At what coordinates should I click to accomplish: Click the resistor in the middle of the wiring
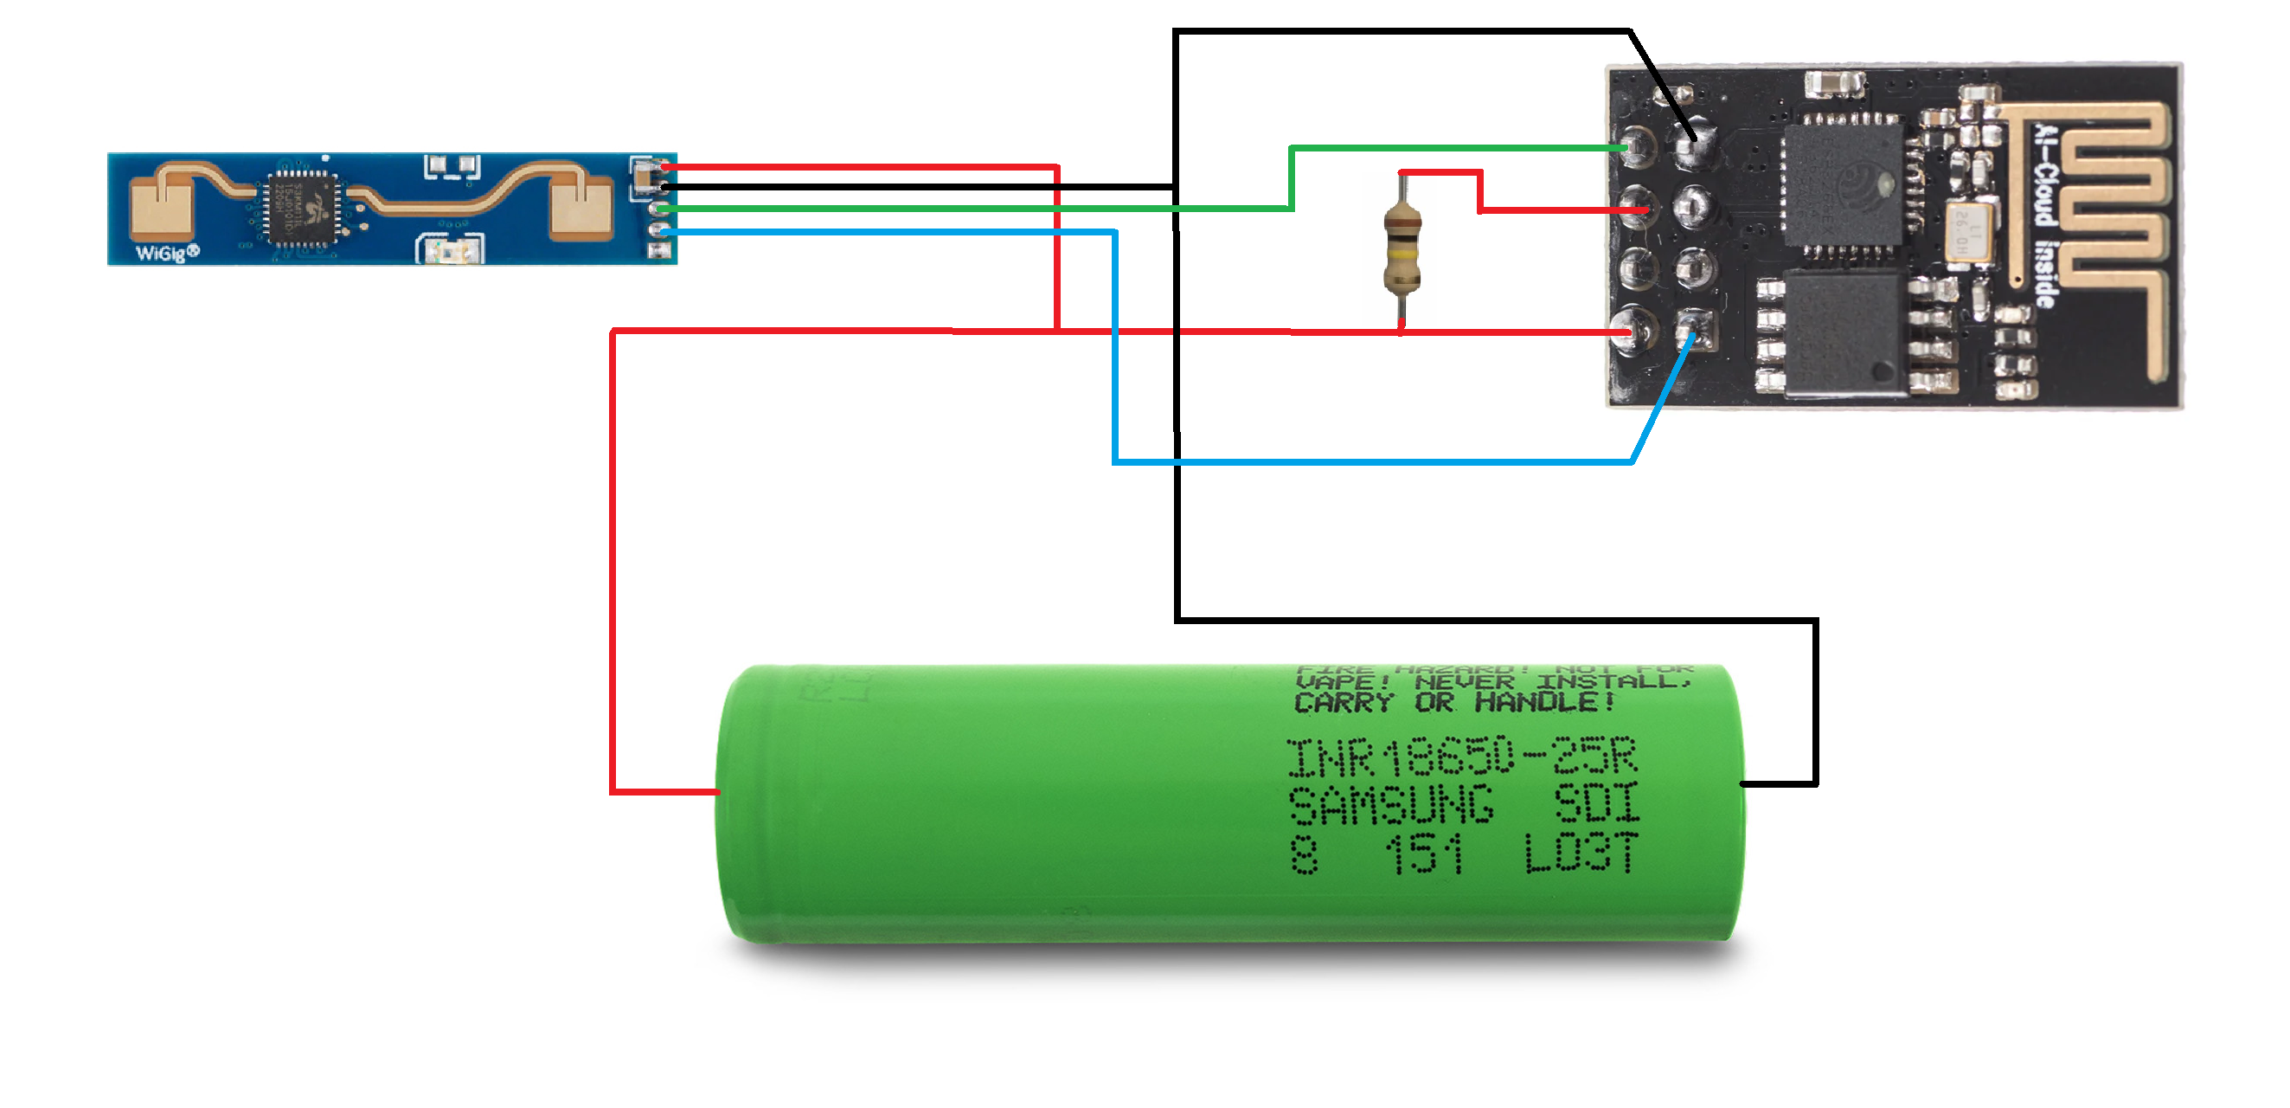1402,248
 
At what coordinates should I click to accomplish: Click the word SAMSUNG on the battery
1391,806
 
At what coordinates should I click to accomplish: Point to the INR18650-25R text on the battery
1461,757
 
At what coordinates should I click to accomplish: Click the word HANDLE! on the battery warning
1545,703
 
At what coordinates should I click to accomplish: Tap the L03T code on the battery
1581,854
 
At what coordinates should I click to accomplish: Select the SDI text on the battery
1597,805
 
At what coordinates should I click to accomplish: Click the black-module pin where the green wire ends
1636,147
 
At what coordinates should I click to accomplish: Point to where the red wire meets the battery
718,790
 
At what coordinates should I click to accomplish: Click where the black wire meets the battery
1742,783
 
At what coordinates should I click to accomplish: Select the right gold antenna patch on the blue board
581,206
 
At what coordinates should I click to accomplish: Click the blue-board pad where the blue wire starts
658,231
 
